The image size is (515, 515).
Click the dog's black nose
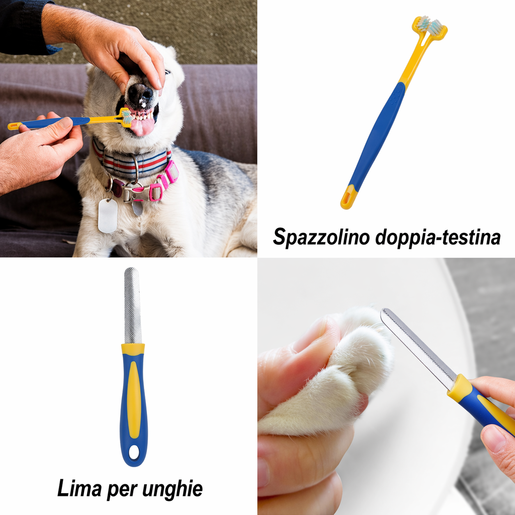[x=140, y=94]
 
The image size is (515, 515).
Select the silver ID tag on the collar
[x=108, y=216]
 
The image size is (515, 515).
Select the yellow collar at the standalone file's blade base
[x=133, y=349]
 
